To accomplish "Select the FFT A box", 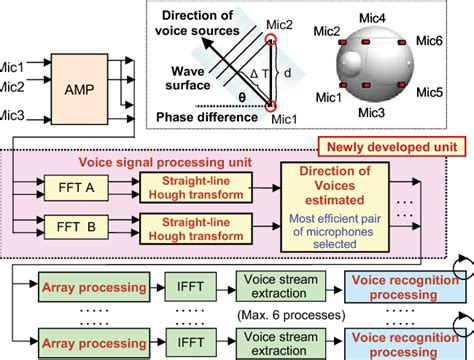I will (74, 186).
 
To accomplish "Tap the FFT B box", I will (74, 228).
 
